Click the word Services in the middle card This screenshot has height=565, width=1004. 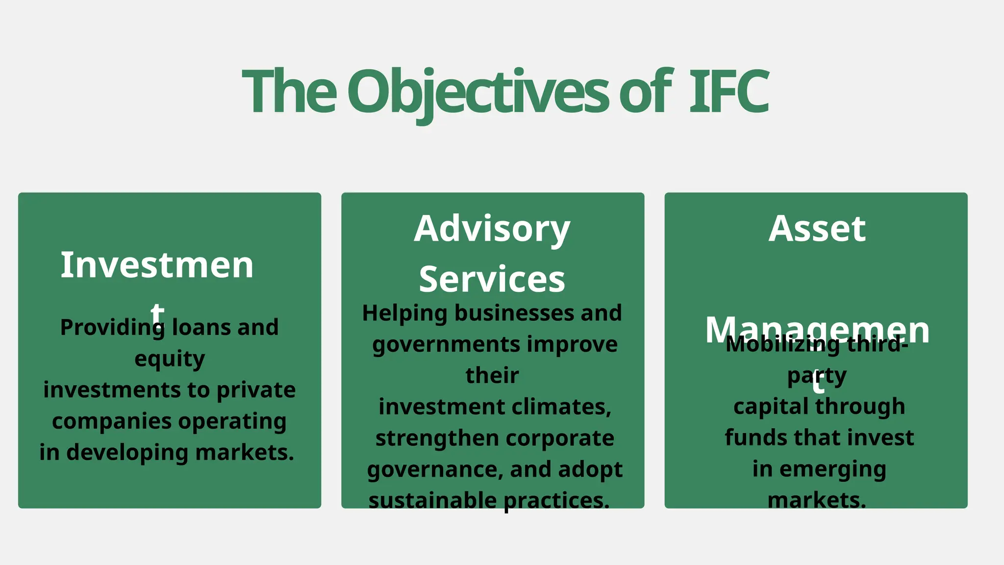click(x=492, y=279)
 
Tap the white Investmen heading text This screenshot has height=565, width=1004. click(x=157, y=265)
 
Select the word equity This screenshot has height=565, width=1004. click(x=170, y=359)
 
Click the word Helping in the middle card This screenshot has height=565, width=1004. click(x=405, y=313)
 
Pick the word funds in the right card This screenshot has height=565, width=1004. click(x=749, y=437)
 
